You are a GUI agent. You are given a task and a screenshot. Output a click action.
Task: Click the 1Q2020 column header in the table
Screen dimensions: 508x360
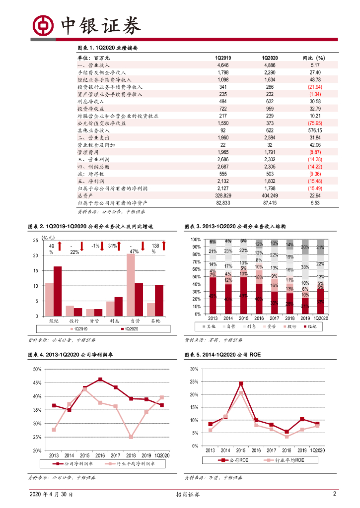click(270, 58)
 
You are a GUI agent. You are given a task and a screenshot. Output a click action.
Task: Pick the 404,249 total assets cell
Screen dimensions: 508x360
click(270, 195)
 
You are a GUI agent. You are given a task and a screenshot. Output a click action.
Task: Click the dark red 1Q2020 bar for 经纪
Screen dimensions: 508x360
click(58, 291)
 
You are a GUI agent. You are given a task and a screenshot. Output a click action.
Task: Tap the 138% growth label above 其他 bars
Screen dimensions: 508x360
click(155, 249)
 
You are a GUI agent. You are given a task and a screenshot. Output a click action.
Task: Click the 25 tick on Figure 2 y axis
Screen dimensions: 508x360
click(35, 241)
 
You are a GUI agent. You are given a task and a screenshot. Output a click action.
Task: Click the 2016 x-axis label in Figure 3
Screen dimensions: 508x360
click(259, 318)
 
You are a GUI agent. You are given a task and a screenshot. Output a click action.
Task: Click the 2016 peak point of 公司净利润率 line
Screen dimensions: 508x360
click(100, 380)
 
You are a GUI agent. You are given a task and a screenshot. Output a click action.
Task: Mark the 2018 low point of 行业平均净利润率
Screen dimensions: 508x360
click(131, 437)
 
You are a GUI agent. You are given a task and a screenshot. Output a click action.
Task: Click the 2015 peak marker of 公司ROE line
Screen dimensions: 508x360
click(241, 383)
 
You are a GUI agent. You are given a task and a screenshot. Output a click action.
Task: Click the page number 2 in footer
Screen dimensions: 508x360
click(334, 494)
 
